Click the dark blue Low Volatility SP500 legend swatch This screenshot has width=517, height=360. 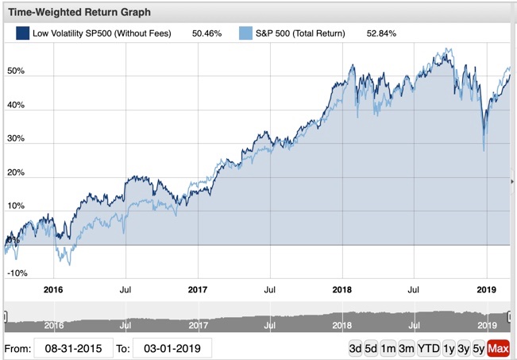(x=22, y=33)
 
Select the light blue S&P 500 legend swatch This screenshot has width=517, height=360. (x=245, y=33)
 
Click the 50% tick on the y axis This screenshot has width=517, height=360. (x=16, y=71)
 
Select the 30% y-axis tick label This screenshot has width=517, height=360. (x=16, y=138)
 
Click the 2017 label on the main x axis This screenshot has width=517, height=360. (x=198, y=291)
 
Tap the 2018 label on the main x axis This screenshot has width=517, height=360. (x=342, y=291)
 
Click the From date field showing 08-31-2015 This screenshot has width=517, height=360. (x=73, y=348)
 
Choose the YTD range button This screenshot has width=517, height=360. (x=428, y=348)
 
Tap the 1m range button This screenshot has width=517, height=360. (x=388, y=348)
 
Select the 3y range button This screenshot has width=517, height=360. (x=463, y=348)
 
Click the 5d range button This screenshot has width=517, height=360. (x=372, y=348)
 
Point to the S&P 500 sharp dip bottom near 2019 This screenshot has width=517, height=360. (x=484, y=150)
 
